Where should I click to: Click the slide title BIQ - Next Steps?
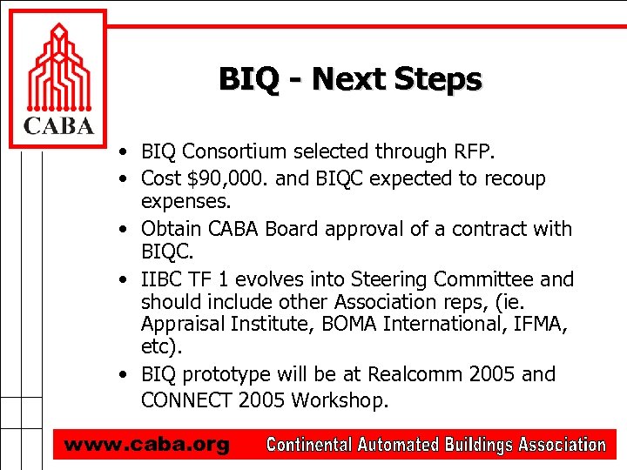point(350,79)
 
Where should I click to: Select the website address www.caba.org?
point(146,445)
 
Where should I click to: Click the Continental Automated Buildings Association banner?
point(435,445)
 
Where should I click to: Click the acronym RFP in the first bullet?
point(470,152)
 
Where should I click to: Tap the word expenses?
point(185,203)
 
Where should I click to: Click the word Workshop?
point(340,400)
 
